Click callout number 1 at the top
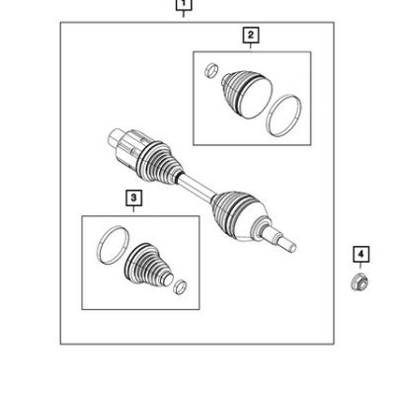[184, 5]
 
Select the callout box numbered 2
[251, 35]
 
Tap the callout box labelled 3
[133, 197]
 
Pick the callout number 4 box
[361, 254]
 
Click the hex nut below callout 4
[359, 282]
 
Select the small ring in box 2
[211, 70]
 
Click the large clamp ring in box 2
[283, 116]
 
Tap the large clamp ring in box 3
[114, 245]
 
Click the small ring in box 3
[180, 286]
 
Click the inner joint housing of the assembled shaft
[131, 151]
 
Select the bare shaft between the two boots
[197, 188]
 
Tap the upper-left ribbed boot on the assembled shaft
[161, 162]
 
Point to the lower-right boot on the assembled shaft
[239, 214]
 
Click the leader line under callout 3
[133, 209]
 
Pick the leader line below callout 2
[251, 45]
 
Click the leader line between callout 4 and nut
[360, 266]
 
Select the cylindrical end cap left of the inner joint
[116, 137]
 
